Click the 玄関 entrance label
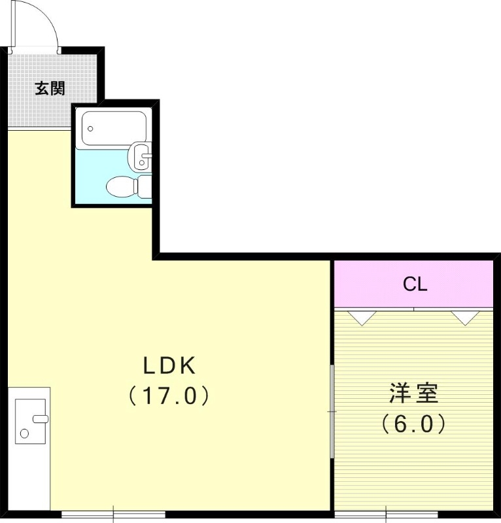[50, 88]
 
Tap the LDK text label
[170, 366]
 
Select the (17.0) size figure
[169, 396]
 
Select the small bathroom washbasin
[141, 156]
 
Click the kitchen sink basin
[30, 421]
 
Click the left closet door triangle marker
[361, 318]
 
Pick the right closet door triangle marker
[466, 318]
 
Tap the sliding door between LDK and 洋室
[332, 412]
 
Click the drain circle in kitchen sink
[24, 433]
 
